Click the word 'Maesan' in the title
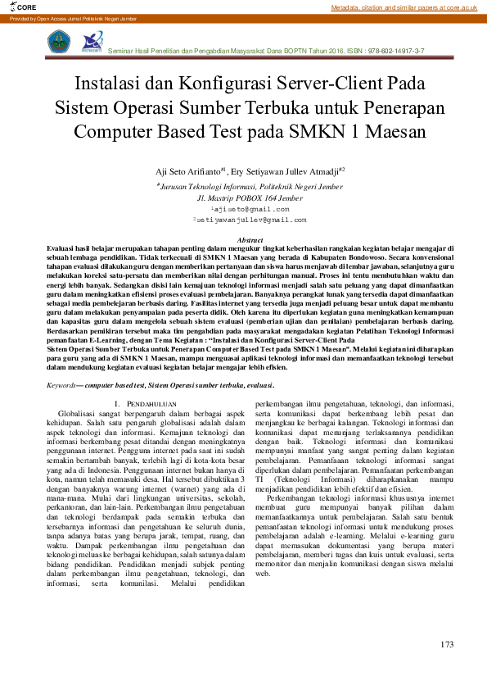(383, 131)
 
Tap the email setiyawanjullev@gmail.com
(249, 220)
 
